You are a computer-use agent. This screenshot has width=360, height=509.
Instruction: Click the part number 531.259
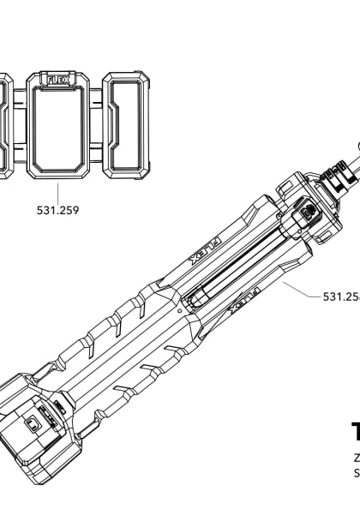coord(58,209)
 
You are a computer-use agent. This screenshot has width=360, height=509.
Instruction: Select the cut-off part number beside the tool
coord(340,296)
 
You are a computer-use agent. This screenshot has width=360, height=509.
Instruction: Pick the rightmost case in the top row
coord(127,124)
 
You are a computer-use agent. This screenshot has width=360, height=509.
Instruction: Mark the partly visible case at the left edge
coord(5,124)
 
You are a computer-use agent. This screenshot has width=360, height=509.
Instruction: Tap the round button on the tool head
coord(306,208)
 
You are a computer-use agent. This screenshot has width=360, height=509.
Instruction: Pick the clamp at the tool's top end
coord(337,182)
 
